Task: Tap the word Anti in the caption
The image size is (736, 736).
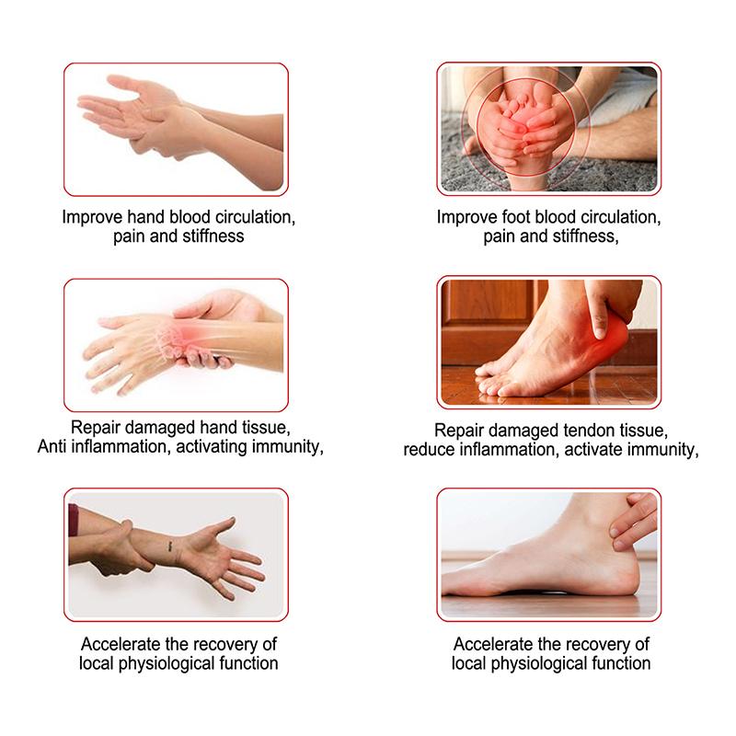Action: (x=52, y=446)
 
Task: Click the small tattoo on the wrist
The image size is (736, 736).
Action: (x=170, y=546)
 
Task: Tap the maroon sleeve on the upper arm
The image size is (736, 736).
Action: (x=74, y=520)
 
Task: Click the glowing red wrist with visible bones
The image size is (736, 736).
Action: (x=183, y=336)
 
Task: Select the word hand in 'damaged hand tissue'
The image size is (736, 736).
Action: (x=218, y=428)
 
